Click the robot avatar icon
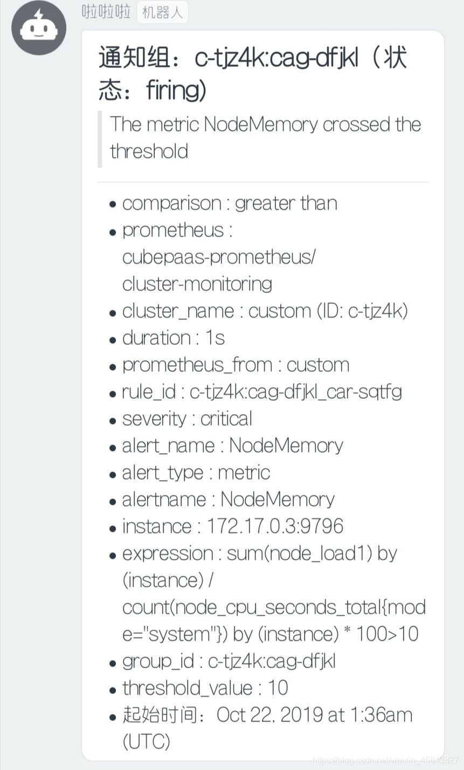click(39, 28)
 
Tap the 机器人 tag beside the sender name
click(162, 12)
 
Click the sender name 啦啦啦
click(106, 11)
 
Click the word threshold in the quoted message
click(149, 151)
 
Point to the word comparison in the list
click(171, 204)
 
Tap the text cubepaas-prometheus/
click(219, 257)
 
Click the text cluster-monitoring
click(197, 284)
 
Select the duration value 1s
click(215, 338)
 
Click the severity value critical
click(226, 419)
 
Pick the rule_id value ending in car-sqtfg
click(296, 392)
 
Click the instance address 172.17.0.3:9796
click(275, 526)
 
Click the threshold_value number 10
click(278, 688)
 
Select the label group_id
click(158, 661)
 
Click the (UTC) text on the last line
click(147, 742)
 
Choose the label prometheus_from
click(197, 365)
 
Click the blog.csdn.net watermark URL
click(386, 760)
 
